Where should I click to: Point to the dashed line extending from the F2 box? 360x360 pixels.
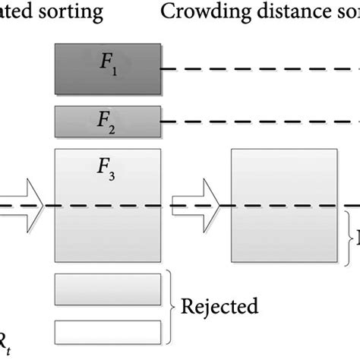click(258, 121)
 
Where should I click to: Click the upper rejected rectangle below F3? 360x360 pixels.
click(108, 289)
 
